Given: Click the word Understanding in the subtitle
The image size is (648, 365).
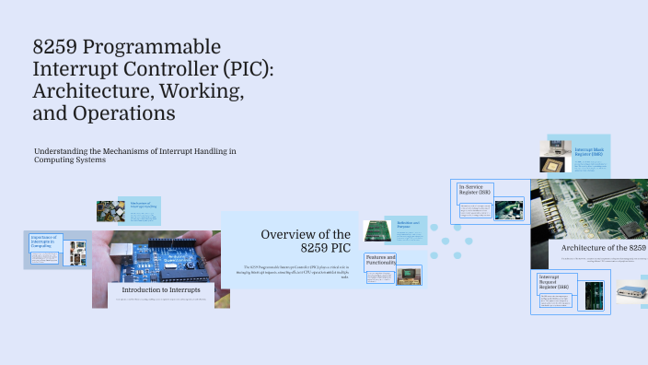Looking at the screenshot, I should [x=63, y=150].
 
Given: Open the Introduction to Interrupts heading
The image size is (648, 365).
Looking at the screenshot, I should [x=161, y=288].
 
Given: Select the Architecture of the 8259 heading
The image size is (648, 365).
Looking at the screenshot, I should [x=603, y=248].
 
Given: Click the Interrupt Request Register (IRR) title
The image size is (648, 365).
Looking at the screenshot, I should [x=554, y=280].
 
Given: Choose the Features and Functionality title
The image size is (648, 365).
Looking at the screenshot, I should [x=380, y=260].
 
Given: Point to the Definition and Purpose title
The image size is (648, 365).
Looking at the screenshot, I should [x=408, y=224].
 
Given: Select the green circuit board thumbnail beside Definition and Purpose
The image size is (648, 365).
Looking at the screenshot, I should [x=377, y=230].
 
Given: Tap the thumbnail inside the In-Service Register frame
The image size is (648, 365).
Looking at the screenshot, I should [x=508, y=209].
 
